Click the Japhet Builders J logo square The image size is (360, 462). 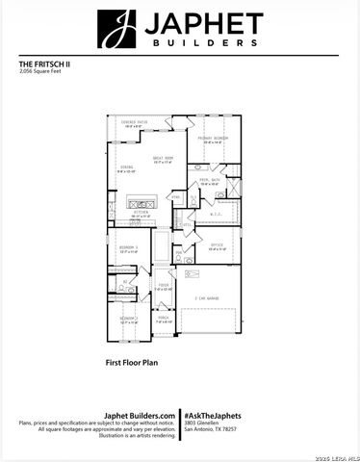(116, 29)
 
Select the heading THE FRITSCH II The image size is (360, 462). (45, 64)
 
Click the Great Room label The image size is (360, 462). (162, 160)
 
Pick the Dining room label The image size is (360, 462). (126, 168)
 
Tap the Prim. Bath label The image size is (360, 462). (212, 181)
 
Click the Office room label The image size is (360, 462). (218, 246)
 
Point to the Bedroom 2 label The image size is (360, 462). (129, 319)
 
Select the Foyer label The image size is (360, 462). (164, 286)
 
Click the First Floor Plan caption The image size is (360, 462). (132, 365)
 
